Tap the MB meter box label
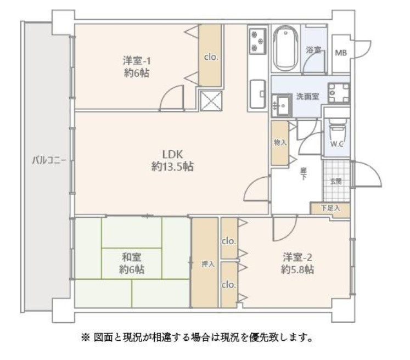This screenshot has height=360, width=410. click(341, 53)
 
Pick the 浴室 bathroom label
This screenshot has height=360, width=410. click(313, 49)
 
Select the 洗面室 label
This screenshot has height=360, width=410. click(307, 96)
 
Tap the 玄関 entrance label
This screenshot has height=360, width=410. click(336, 181)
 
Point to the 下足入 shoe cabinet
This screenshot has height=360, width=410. click(330, 208)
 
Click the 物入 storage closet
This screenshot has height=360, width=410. click(280, 143)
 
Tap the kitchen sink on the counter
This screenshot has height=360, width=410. click(257, 94)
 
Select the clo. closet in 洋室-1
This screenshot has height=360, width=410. click(210, 55)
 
